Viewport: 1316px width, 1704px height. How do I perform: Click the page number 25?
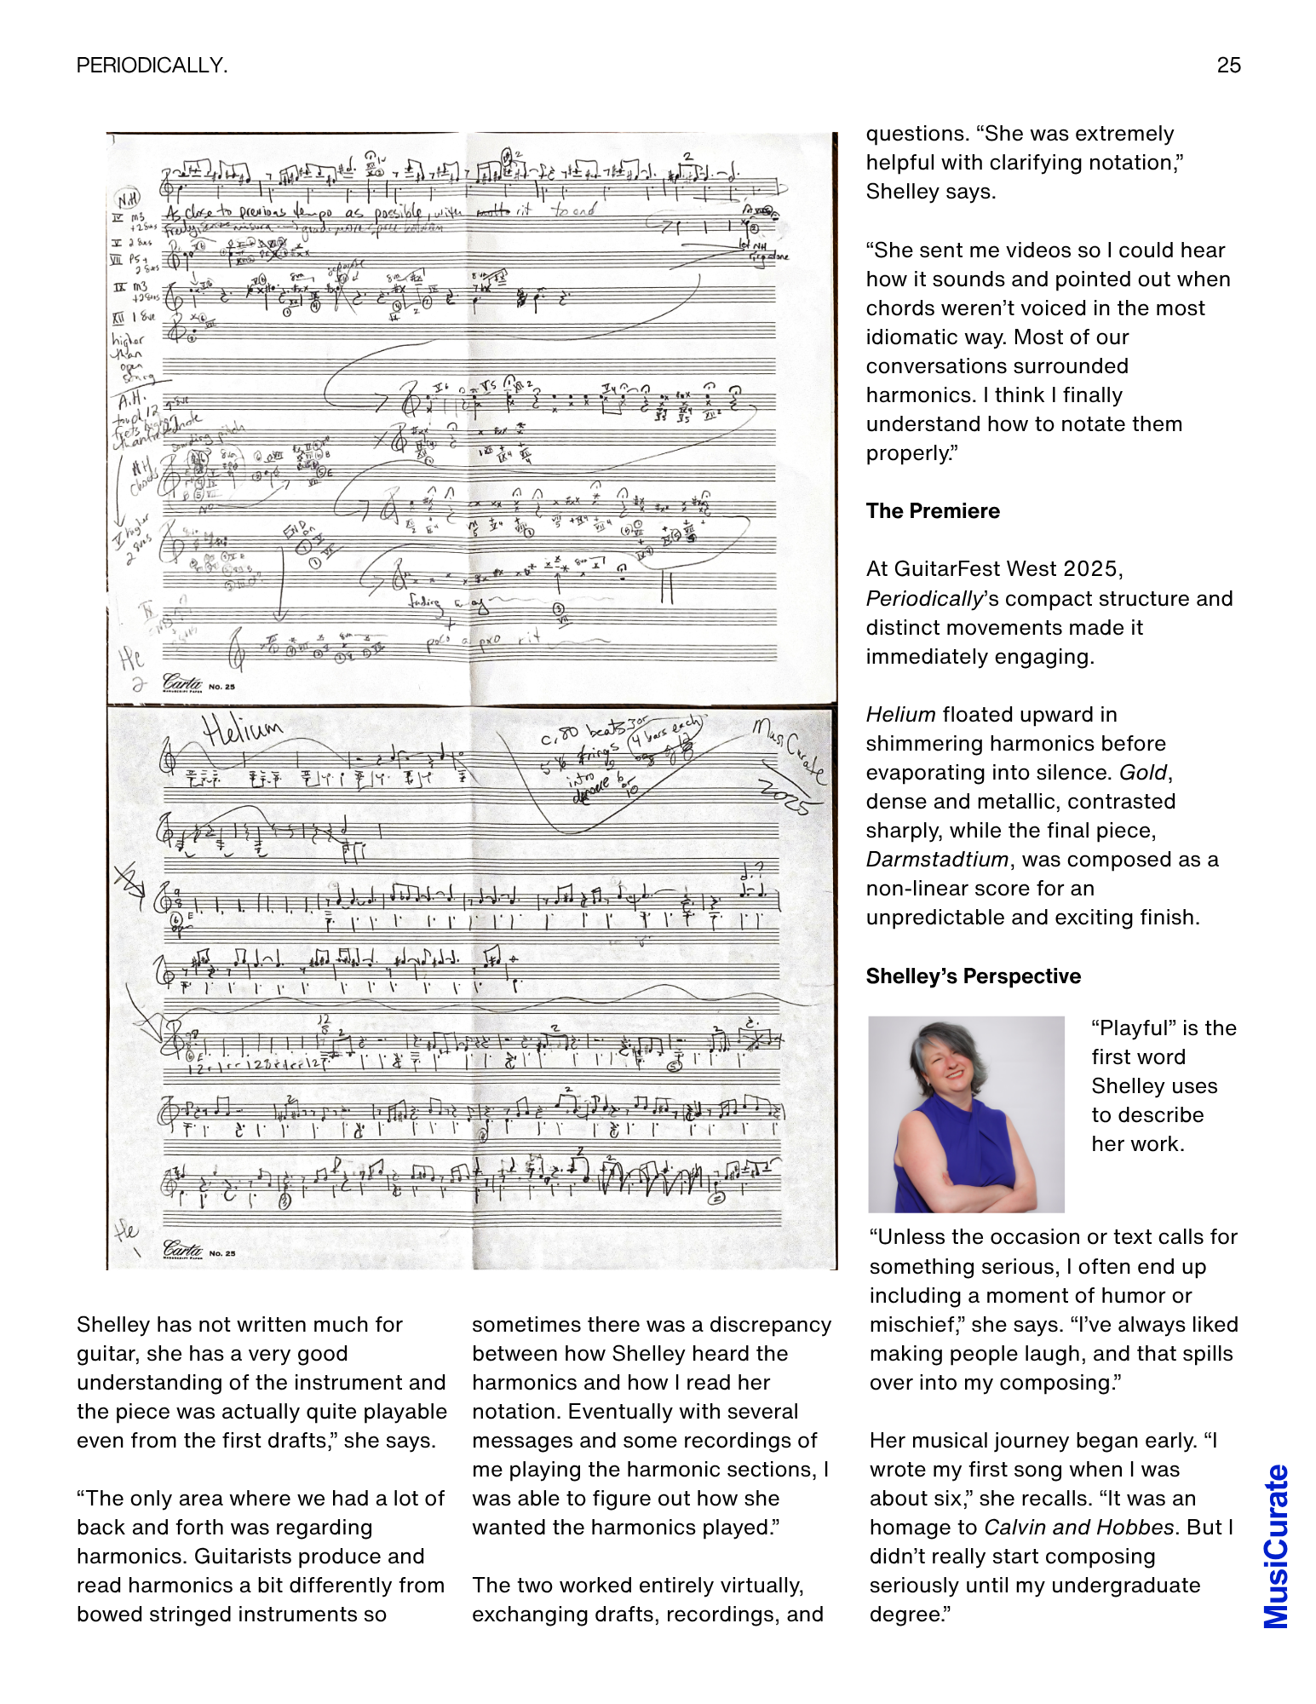click(1228, 66)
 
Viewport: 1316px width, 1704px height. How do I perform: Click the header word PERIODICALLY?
click(152, 66)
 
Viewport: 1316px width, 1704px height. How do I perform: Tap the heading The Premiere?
click(933, 511)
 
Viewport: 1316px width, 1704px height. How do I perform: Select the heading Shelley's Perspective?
click(973, 976)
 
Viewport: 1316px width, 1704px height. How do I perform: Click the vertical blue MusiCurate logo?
click(1275, 1546)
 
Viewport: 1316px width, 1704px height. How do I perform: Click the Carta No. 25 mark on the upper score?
click(198, 683)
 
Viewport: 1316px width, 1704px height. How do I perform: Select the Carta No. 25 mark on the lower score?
click(198, 1251)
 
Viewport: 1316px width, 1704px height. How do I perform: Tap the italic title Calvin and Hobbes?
click(1078, 1528)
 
